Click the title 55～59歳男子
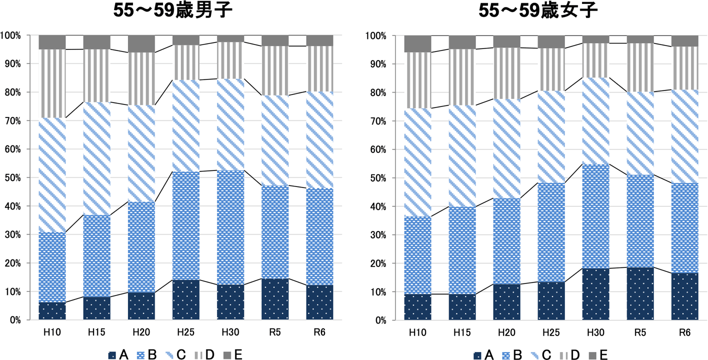click(172, 11)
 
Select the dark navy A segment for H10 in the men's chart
click(52, 311)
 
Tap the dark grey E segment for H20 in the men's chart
click(141, 43)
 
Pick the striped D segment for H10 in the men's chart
click(52, 83)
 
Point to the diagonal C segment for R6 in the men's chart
click(320, 140)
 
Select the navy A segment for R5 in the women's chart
click(640, 293)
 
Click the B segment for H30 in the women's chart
click(596, 216)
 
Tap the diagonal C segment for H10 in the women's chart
click(417, 162)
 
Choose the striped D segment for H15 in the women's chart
click(462, 77)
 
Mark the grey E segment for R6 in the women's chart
click(685, 41)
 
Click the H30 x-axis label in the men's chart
click(230, 332)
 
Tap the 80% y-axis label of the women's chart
click(376, 92)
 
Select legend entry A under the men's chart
click(118, 354)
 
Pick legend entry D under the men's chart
click(204, 354)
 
